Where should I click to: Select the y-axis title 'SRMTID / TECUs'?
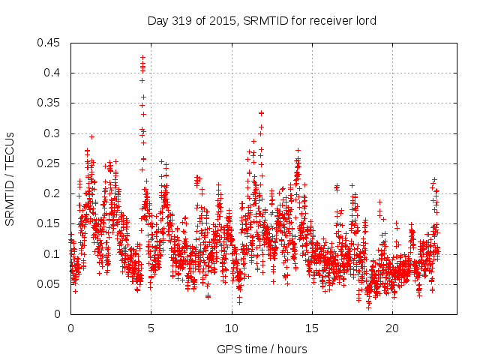(10, 178)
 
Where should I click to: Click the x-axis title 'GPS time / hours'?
(262, 349)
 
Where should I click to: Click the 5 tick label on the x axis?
(151, 328)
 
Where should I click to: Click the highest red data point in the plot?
(142, 57)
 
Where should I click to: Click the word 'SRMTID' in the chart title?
(265, 20)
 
